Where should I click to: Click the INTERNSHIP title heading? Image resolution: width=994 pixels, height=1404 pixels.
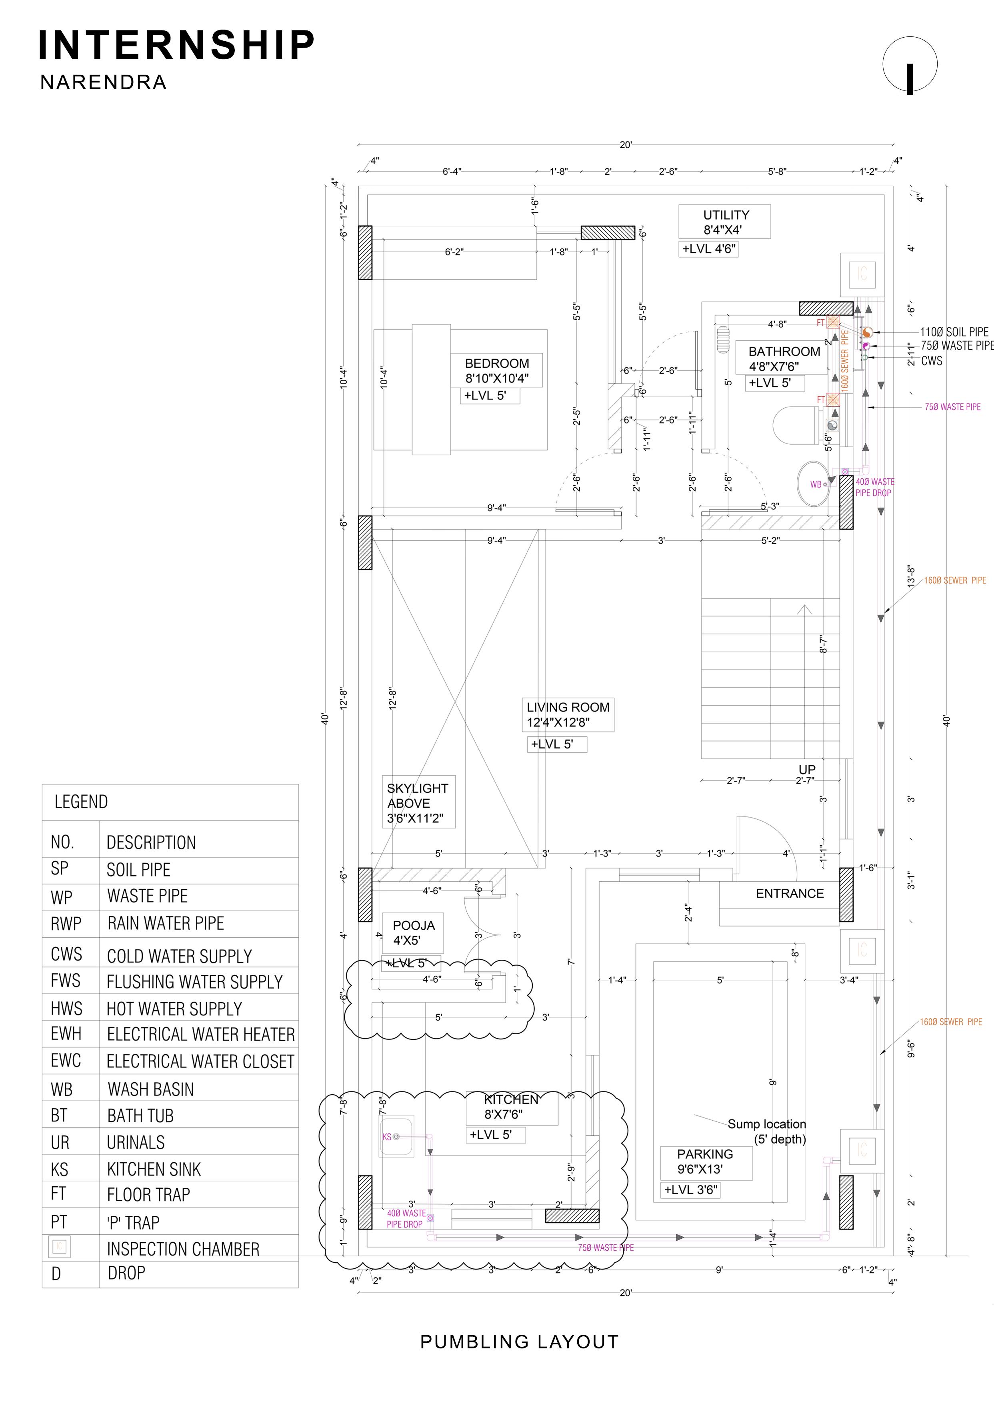[176, 45]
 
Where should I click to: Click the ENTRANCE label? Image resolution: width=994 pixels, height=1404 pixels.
[790, 894]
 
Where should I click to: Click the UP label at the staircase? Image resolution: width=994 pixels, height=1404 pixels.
[807, 770]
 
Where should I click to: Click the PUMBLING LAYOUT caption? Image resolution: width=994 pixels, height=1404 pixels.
[519, 1342]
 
